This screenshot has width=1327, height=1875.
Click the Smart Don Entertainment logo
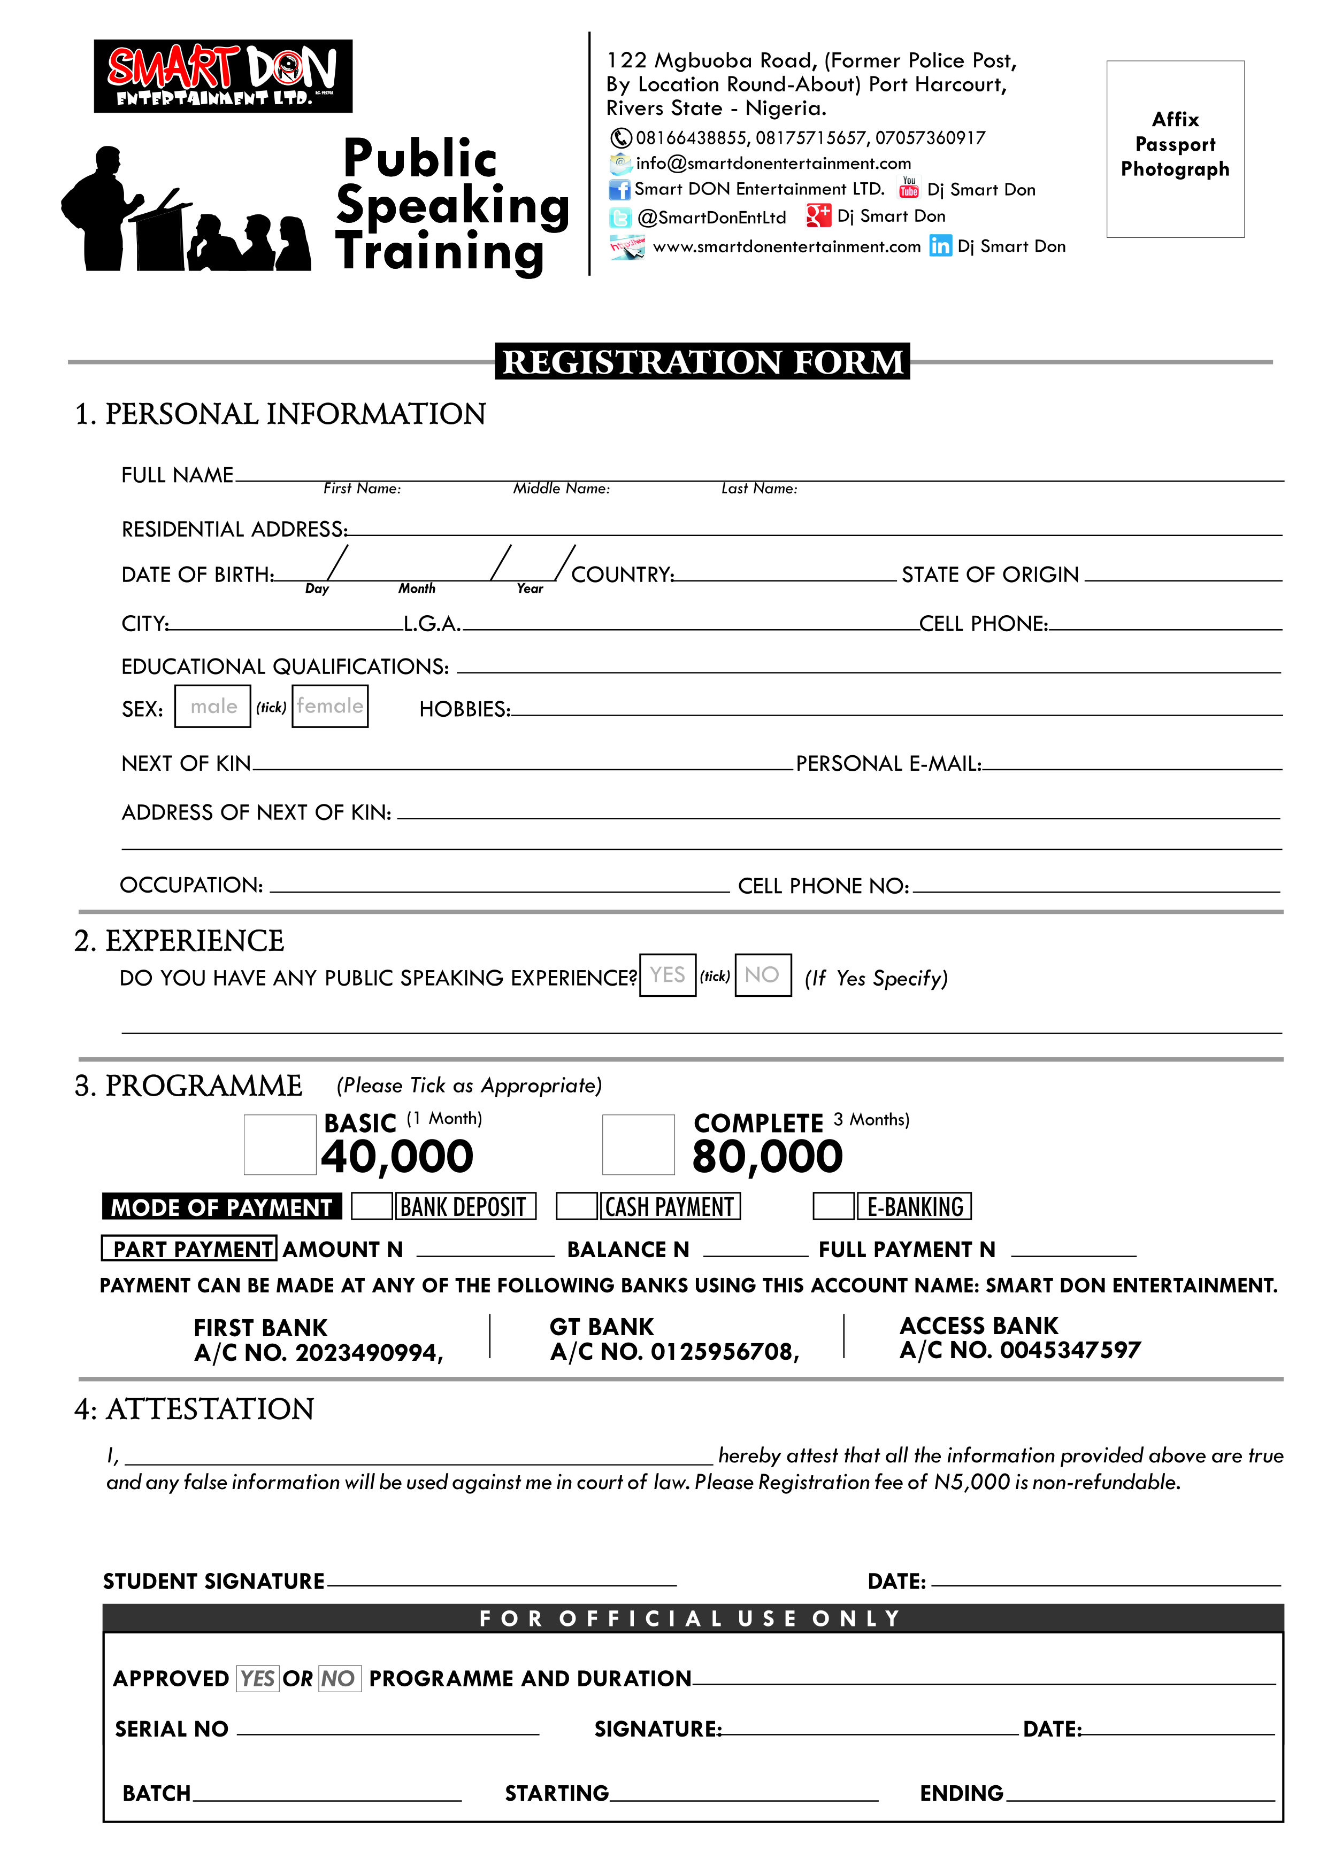tap(223, 75)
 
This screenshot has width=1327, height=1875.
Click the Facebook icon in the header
tap(619, 189)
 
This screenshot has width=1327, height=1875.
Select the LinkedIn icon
tap(940, 246)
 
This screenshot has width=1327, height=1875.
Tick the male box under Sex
tap(212, 707)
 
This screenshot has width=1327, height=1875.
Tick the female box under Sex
tap(330, 707)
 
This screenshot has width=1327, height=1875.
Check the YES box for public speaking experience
tap(668, 975)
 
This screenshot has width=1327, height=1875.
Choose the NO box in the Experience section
tap(762, 975)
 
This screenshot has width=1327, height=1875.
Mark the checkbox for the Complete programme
tap(638, 1145)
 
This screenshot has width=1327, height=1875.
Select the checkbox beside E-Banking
tap(833, 1206)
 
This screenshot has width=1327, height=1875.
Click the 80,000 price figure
tap(766, 1157)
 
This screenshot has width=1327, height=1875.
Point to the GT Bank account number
tap(674, 1352)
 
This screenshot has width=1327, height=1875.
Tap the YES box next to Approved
tap(257, 1678)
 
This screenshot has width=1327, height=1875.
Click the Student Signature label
tap(214, 1582)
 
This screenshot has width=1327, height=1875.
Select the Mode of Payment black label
tap(221, 1207)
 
